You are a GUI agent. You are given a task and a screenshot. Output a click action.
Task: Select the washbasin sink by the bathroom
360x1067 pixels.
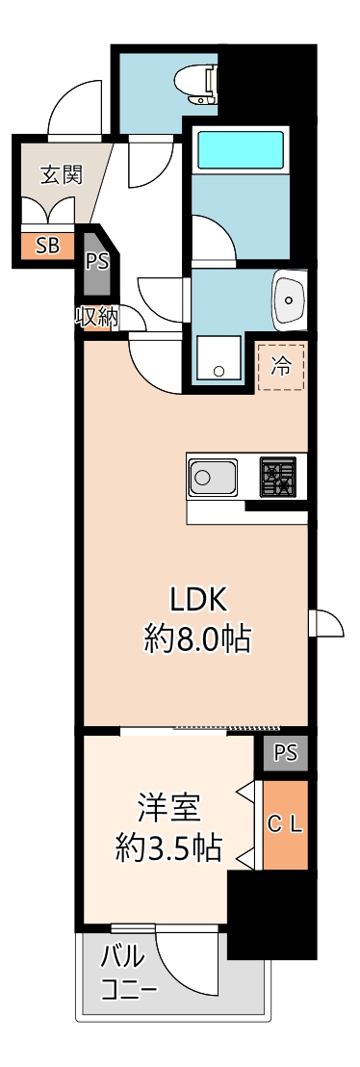(x=290, y=299)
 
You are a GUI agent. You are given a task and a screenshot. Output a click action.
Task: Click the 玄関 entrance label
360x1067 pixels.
(x=61, y=174)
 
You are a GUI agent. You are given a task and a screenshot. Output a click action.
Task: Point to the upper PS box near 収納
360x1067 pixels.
(x=96, y=261)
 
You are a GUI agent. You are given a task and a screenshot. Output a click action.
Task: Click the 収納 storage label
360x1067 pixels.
(x=96, y=317)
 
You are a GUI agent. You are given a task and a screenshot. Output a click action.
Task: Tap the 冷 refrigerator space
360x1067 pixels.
(x=281, y=365)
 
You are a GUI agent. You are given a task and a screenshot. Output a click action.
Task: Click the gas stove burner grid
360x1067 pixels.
(x=277, y=476)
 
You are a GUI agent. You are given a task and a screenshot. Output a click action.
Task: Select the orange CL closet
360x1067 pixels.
(x=286, y=824)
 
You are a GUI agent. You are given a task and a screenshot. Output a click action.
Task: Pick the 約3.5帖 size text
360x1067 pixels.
(x=168, y=847)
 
